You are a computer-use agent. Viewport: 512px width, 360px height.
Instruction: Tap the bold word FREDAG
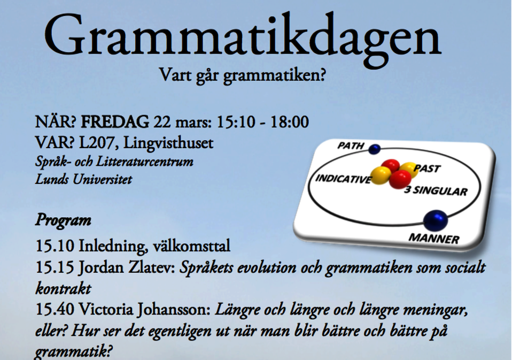tap(115, 122)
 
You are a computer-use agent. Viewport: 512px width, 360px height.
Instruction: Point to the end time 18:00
tap(289, 122)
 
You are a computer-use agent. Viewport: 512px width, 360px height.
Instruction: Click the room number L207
tap(99, 143)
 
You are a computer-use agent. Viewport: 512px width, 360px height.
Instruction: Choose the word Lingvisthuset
tap(168, 143)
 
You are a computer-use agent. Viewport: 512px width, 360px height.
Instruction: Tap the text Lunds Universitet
tap(83, 179)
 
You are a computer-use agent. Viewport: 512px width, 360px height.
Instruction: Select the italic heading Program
tap(63, 220)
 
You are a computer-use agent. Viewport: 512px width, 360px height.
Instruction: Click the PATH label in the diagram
tap(351, 145)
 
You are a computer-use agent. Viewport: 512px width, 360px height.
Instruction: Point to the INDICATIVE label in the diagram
tap(344, 179)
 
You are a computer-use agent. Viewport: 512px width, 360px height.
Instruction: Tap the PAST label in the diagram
tap(427, 168)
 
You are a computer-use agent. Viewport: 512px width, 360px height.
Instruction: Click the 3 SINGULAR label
tap(436, 190)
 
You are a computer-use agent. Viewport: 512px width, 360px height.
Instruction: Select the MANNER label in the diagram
tap(434, 239)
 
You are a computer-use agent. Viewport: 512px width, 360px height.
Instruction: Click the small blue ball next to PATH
tap(375, 149)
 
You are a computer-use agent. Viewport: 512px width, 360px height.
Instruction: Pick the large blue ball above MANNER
tap(435, 220)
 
